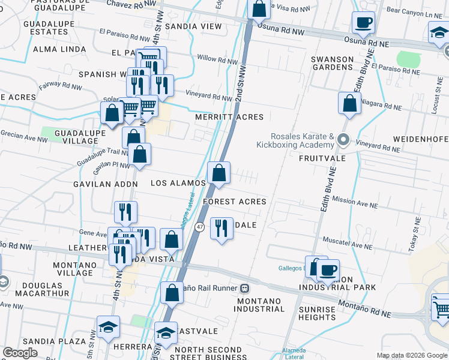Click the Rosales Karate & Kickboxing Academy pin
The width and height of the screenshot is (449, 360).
(x=343, y=140)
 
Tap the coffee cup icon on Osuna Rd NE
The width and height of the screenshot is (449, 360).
(x=363, y=23)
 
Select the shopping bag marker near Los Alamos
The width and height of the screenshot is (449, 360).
(x=219, y=172)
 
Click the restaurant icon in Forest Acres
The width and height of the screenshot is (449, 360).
(x=221, y=228)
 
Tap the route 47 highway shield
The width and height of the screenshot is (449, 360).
(x=200, y=227)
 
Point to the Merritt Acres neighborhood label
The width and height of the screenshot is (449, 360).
(x=229, y=117)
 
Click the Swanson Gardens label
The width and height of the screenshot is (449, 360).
(x=332, y=63)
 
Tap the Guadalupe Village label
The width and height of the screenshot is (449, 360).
(x=76, y=136)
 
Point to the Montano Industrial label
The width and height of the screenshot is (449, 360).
(x=260, y=305)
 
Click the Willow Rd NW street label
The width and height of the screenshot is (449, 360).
(x=218, y=60)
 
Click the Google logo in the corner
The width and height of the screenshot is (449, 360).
(x=20, y=353)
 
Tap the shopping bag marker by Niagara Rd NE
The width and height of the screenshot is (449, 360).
(x=349, y=103)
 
